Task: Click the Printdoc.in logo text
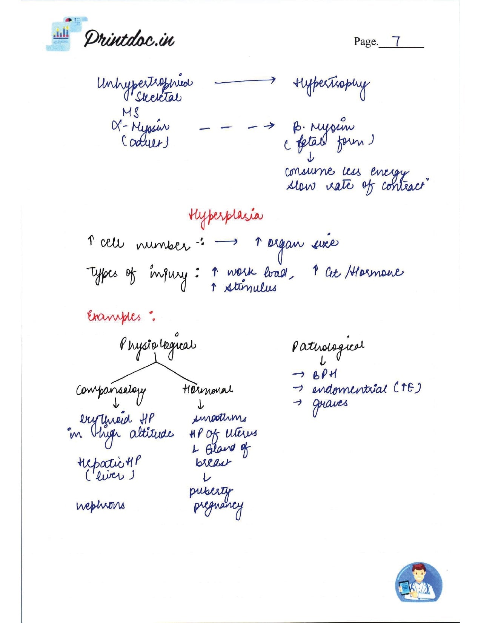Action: (129, 39)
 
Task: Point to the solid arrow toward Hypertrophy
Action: (245, 80)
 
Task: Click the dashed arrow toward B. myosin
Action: (237, 128)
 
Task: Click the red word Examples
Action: (114, 316)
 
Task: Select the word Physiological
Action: (158, 344)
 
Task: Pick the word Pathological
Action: (328, 346)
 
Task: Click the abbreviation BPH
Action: (324, 375)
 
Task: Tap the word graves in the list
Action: (330, 404)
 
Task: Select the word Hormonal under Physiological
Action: (207, 389)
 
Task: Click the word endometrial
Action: (349, 389)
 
